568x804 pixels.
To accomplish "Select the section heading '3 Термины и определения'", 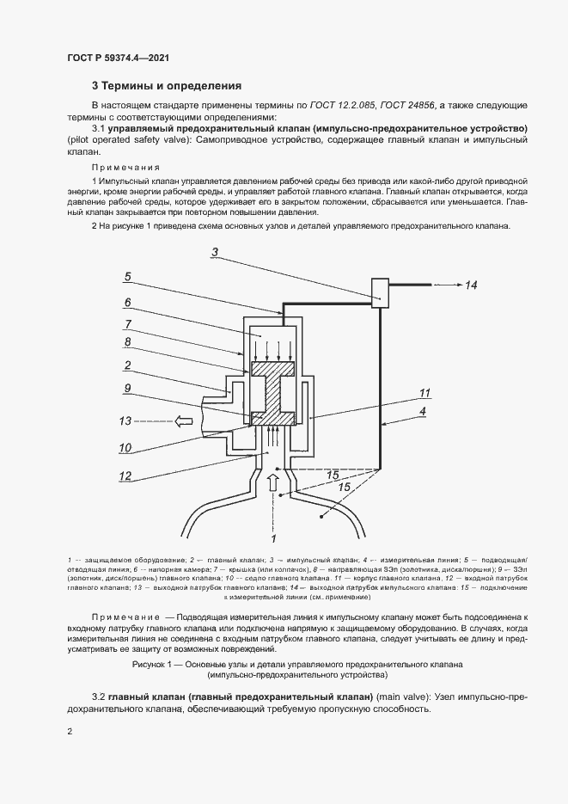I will [x=167, y=86].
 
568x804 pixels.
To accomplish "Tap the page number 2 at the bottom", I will [x=70, y=731].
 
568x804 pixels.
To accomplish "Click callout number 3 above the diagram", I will [x=216, y=252].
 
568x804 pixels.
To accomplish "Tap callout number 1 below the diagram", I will [x=273, y=538].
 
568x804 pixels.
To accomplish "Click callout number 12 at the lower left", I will [x=125, y=476].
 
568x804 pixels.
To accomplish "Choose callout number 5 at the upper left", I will [x=126, y=277].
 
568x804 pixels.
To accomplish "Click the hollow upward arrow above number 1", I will [x=274, y=485].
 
